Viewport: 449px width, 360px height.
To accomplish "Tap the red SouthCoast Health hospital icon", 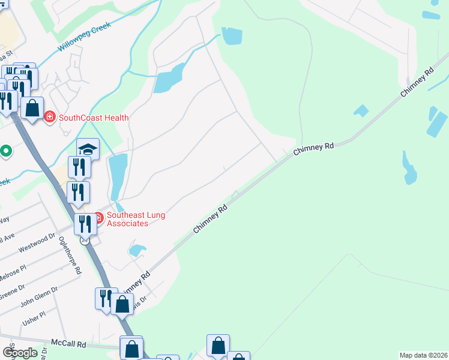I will (x=50, y=117).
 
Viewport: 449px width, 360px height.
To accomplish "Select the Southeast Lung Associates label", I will (x=136, y=219).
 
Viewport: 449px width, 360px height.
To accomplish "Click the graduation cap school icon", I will (x=88, y=149).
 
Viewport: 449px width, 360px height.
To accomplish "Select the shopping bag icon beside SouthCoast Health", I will (x=32, y=108).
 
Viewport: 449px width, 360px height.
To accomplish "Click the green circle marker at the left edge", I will (x=5, y=151).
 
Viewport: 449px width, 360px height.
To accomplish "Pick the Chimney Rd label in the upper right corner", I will (x=417, y=83).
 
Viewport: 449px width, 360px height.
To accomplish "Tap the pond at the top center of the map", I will (x=231, y=36).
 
